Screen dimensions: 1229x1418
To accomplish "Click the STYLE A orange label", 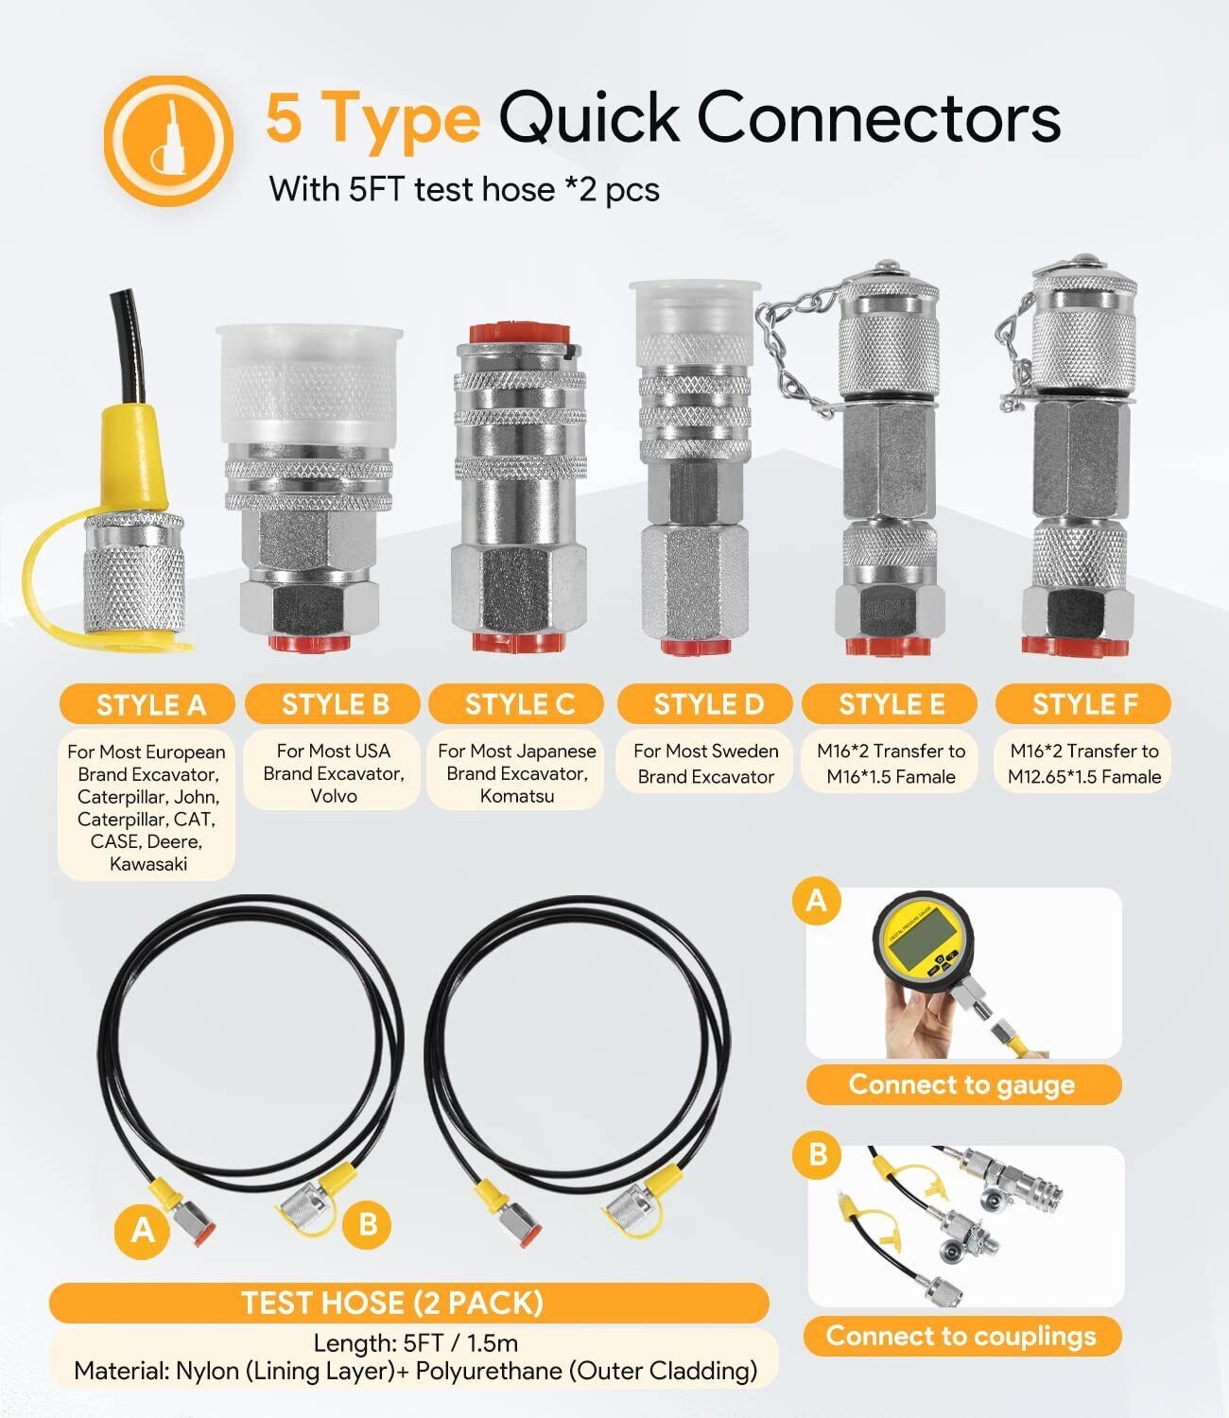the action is tap(147, 704).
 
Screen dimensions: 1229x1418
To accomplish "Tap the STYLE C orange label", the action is tap(516, 704).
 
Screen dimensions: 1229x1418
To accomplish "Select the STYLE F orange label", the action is tap(1082, 704).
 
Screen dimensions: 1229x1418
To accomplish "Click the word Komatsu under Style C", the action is tap(517, 796).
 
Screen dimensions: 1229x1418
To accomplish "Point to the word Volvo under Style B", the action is tap(334, 796).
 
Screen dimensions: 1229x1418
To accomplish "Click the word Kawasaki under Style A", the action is tap(148, 864).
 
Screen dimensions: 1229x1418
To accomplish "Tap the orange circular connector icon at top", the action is tap(168, 141).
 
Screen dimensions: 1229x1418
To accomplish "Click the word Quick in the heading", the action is tap(590, 118).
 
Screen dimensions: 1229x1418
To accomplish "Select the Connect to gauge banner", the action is tap(963, 1084).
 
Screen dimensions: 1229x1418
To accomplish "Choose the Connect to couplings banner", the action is tap(962, 1336).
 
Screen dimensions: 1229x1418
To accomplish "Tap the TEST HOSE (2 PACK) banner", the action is tap(409, 1303).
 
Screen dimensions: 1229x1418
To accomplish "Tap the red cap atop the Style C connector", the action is tap(520, 333).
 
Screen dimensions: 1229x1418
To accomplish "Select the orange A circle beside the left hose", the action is tap(143, 1229).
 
